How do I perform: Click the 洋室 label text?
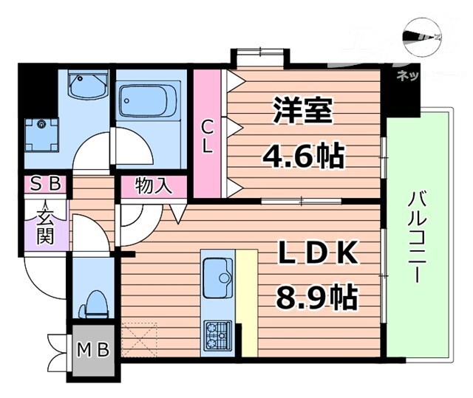(x=302, y=111)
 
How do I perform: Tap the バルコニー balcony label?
(x=415, y=238)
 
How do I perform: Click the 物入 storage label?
(x=154, y=185)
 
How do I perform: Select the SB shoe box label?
(x=46, y=184)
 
